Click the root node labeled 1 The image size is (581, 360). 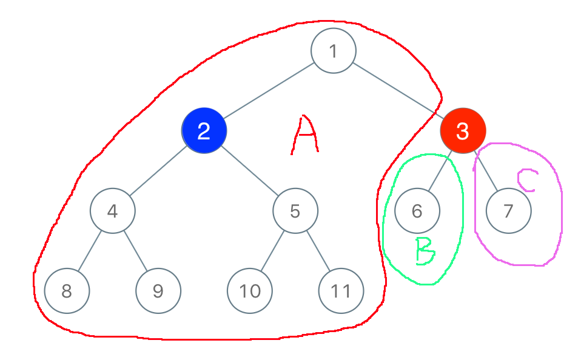(x=333, y=52)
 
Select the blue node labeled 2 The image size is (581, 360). (x=204, y=130)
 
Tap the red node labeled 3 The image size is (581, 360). (x=463, y=130)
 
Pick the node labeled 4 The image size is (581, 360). (x=112, y=211)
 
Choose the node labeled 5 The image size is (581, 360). (x=295, y=211)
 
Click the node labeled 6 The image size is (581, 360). (x=417, y=211)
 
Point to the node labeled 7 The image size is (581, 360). (x=508, y=211)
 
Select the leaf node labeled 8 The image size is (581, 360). (x=67, y=291)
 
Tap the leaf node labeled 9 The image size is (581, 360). (x=158, y=291)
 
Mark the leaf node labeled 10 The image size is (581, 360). (x=249, y=291)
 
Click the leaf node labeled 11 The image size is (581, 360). (x=341, y=291)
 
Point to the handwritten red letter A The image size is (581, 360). (x=305, y=135)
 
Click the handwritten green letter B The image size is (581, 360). (x=425, y=251)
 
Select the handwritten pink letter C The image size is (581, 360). (x=526, y=180)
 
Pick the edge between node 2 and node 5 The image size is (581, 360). (x=250, y=170)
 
